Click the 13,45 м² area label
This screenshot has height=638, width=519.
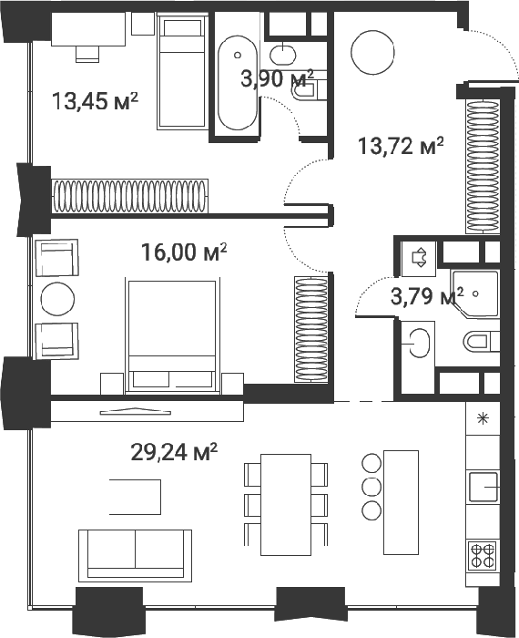pos(95,101)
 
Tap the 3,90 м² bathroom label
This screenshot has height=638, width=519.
pos(277,78)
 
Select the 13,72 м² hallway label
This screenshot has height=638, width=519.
pos(401,146)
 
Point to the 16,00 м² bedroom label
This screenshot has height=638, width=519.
pos(184,252)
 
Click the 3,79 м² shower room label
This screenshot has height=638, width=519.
pos(427,296)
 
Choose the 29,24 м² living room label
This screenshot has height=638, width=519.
pos(174,452)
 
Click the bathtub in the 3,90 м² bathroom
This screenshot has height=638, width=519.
pos(238,83)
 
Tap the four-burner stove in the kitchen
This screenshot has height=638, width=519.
pos(483,556)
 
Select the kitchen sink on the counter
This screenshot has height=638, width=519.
pos(483,487)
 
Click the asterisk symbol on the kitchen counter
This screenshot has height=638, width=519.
pos(483,418)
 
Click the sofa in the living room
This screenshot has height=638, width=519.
pos(135,554)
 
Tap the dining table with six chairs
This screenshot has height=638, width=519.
pos(286,505)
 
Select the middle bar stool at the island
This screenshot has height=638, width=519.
pos(371,487)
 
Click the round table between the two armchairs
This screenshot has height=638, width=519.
pos(57,299)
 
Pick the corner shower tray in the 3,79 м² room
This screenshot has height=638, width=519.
pos(474,293)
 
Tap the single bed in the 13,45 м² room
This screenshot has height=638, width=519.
pos(181,72)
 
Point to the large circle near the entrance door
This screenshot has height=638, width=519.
pos(372,53)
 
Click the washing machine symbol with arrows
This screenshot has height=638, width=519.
pos(419,257)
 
